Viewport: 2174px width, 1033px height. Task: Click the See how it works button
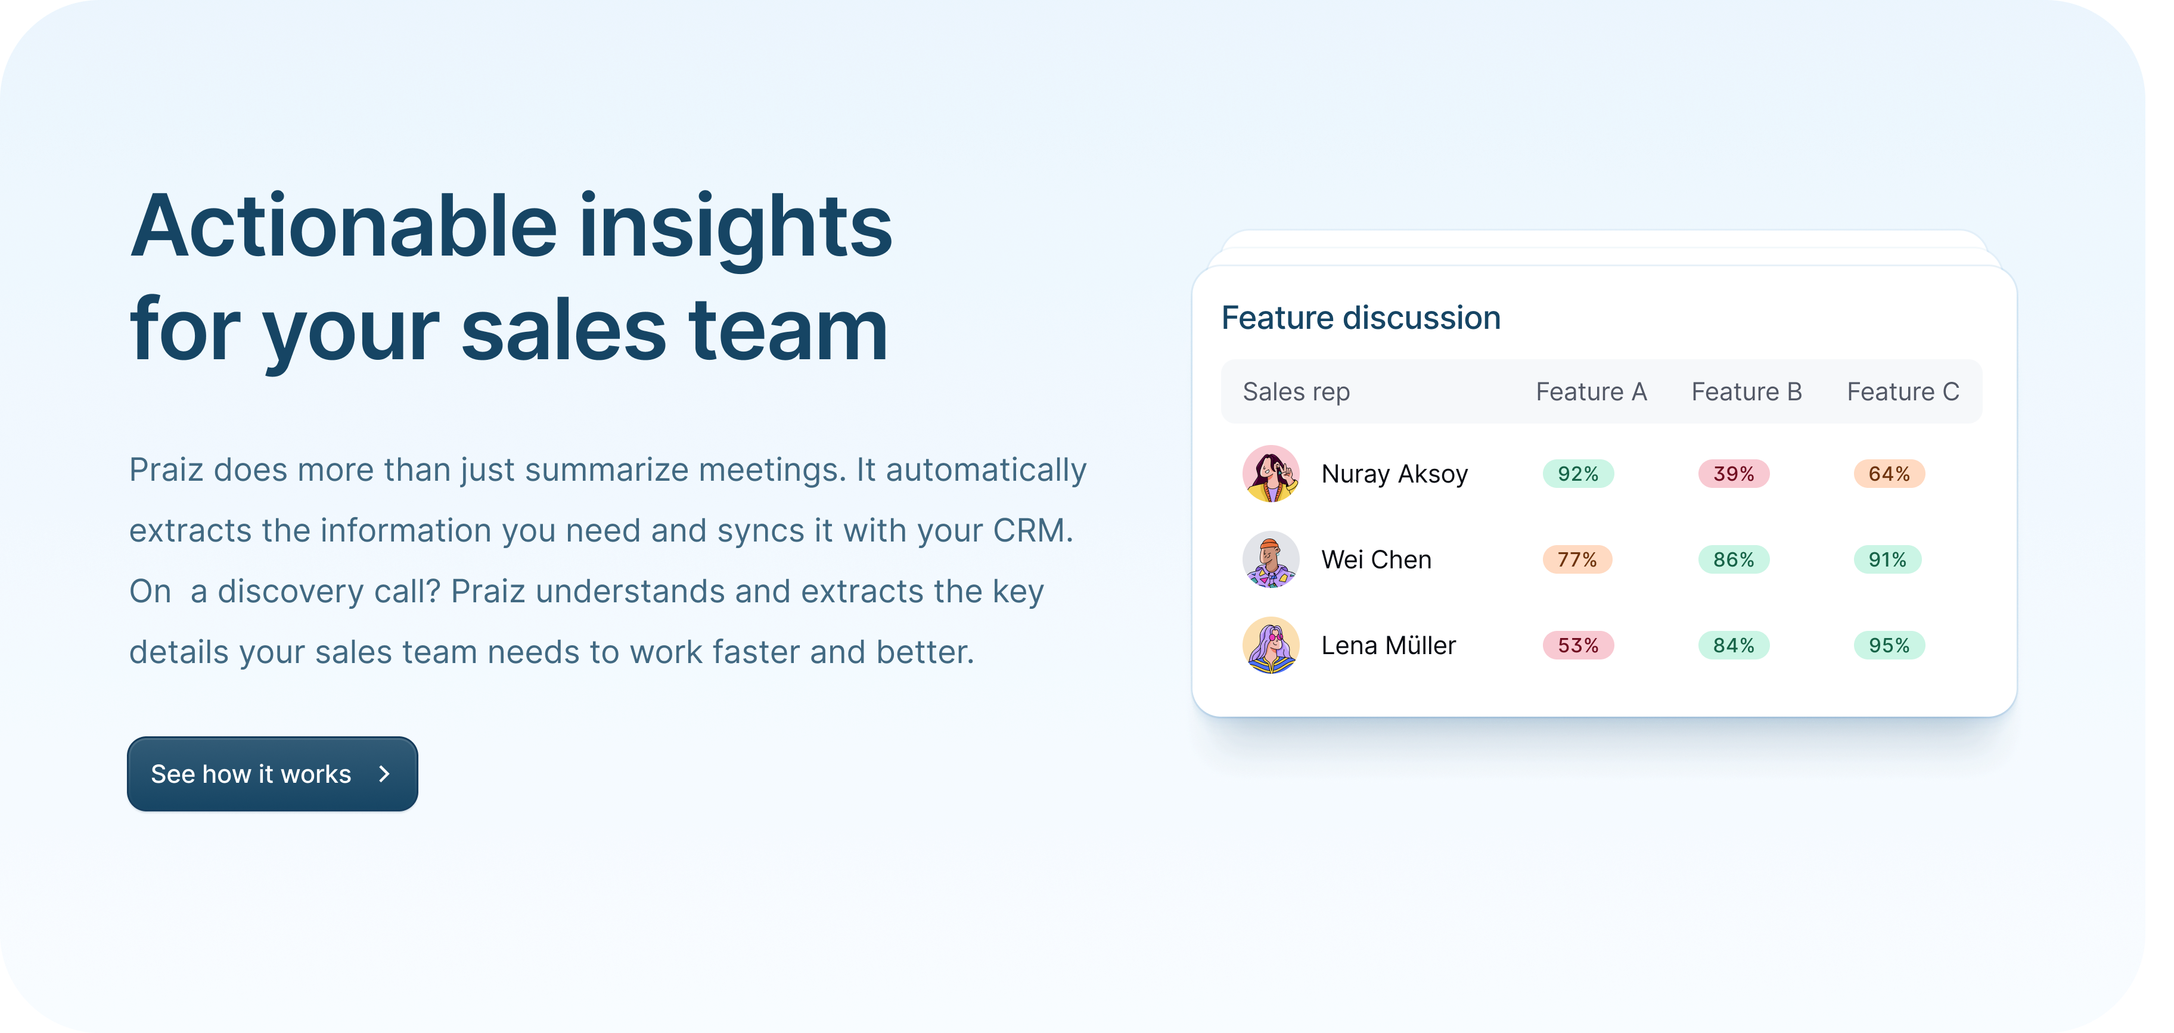pos(272,774)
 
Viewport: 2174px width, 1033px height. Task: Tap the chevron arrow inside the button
pos(385,774)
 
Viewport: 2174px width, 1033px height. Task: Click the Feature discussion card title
pos(1361,318)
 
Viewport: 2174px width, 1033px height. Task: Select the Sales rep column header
pos(1296,393)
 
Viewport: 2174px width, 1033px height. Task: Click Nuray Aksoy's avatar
pos(1271,474)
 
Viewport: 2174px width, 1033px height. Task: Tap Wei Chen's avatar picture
pos(1271,559)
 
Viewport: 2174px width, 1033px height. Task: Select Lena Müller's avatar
pos(1271,646)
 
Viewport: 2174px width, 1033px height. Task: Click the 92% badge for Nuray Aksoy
pos(1578,474)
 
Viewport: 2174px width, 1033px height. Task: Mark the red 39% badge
pos(1734,474)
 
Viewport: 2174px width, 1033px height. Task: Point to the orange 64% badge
pos(1889,474)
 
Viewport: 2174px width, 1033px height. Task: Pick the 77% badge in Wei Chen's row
pos(1577,559)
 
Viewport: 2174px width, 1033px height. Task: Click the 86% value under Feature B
pos(1734,559)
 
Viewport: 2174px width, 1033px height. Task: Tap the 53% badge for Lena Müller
pos(1578,646)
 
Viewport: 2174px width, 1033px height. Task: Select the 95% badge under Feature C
pos(1889,646)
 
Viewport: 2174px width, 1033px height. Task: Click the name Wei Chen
pos(1377,559)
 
